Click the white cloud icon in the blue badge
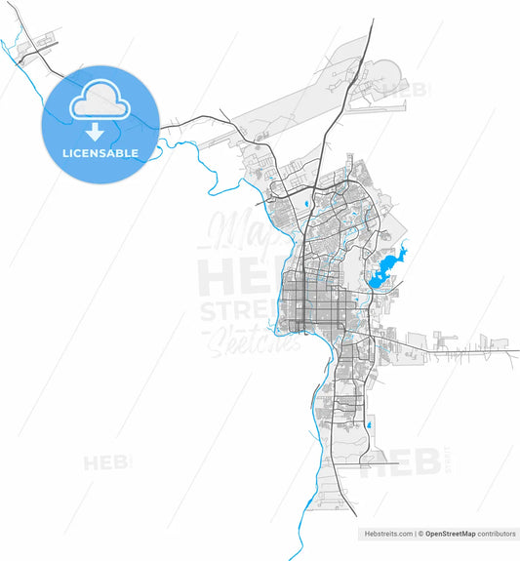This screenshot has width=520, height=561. (100, 100)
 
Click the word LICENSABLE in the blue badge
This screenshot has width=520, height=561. (100, 153)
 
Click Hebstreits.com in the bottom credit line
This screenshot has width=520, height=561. (384, 535)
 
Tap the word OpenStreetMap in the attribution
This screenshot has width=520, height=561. (449, 535)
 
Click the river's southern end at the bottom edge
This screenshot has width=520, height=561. (291, 556)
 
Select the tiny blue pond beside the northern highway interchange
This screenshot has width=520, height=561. (306, 203)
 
